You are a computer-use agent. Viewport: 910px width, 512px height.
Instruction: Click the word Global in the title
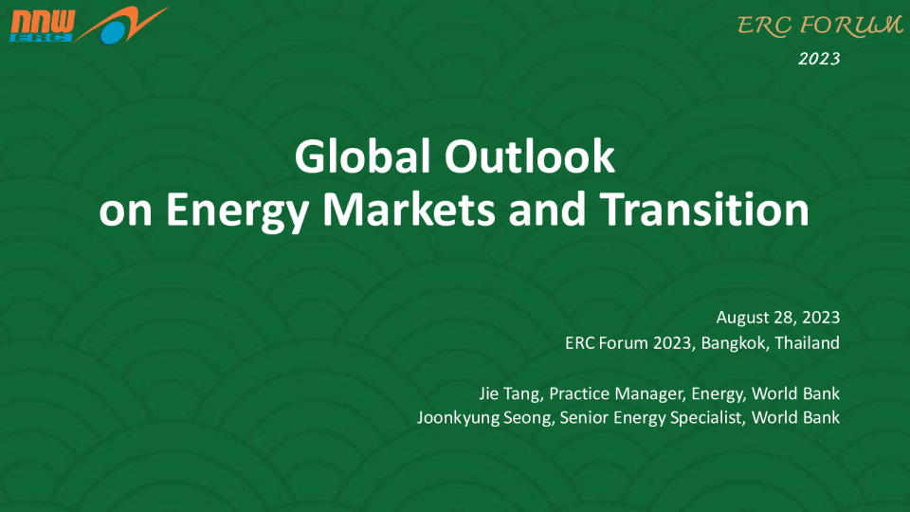tap(362, 156)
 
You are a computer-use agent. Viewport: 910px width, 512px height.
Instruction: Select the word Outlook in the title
tap(529, 156)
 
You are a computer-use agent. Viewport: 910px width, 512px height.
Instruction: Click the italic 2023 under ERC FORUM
tap(819, 59)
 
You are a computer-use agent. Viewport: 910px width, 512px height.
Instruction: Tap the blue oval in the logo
tap(114, 32)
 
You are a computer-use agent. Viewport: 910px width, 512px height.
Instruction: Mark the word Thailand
tap(808, 343)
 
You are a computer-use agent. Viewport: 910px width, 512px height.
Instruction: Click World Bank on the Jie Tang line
tap(795, 393)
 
